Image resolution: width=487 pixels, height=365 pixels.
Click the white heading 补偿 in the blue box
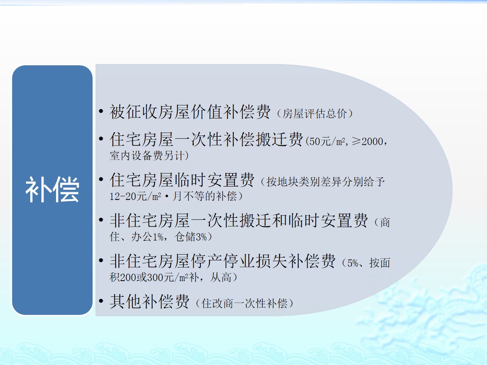(52, 189)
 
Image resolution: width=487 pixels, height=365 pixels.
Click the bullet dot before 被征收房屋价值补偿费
(101, 111)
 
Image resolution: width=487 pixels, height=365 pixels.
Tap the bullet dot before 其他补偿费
(101, 301)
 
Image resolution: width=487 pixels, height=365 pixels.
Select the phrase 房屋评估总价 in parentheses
(315, 114)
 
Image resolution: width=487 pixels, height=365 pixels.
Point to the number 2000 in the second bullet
(372, 142)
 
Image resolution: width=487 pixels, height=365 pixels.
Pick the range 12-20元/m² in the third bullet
(135, 196)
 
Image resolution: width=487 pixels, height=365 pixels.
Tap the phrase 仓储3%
(191, 237)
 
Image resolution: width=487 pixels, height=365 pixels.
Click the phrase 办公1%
(147, 237)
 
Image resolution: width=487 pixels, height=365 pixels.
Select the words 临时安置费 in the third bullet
(214, 180)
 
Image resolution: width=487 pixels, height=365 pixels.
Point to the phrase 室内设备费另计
(147, 156)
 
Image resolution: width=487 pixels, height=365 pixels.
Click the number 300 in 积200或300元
(155, 277)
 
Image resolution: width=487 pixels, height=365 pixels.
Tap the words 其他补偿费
(149, 301)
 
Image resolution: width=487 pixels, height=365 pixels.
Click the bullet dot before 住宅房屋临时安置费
(101, 179)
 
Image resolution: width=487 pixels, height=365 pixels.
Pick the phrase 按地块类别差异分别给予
(325, 182)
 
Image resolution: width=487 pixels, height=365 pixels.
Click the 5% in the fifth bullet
(353, 263)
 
